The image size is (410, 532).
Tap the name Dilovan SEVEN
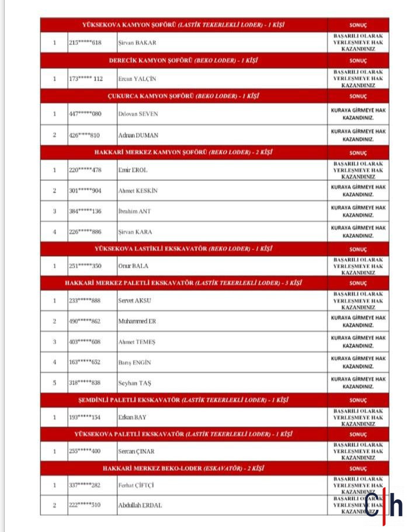pos(138,114)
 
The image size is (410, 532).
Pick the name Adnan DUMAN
pos(138,135)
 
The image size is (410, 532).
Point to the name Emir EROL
pos(134,170)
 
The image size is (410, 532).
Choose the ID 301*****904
pos(85,191)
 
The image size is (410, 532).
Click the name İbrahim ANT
pos(134,211)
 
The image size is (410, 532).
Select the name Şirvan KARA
pos(135,232)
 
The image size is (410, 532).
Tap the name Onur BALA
pos(133,266)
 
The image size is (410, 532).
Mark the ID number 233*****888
pos(85,300)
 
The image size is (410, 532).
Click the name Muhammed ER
pos(137,321)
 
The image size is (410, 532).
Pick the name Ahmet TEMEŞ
pos(138,342)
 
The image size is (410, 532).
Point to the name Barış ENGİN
pos(134,362)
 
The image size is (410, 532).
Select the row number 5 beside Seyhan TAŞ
pos(55,383)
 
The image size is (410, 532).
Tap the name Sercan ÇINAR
pos(137,452)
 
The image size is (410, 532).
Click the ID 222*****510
pos(85,505)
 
